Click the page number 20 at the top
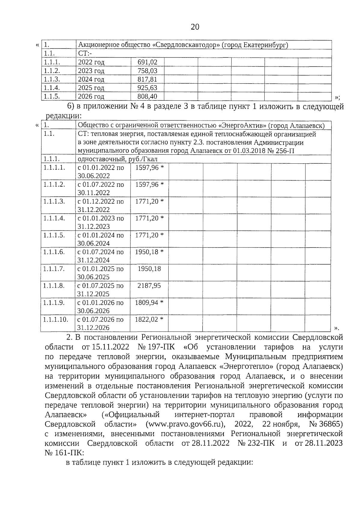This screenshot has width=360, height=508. tap(195, 27)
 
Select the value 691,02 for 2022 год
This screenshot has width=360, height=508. tap(147, 62)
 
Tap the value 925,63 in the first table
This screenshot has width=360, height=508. tap(147, 88)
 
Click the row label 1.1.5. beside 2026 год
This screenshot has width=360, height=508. tap(52, 97)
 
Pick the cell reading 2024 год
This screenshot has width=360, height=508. tap(91, 79)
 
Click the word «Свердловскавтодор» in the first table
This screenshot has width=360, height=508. tap(186, 45)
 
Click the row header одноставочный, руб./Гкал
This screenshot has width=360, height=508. tap(117, 159)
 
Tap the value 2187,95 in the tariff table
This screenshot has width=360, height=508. tap(149, 286)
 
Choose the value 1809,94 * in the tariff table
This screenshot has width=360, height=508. tap(149, 303)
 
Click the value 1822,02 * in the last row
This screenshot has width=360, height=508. tap(149, 319)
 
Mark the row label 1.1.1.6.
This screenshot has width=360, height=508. tap(54, 252)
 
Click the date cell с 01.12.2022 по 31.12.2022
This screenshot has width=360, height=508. tap(100, 205)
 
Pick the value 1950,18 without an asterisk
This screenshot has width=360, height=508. tap(149, 269)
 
